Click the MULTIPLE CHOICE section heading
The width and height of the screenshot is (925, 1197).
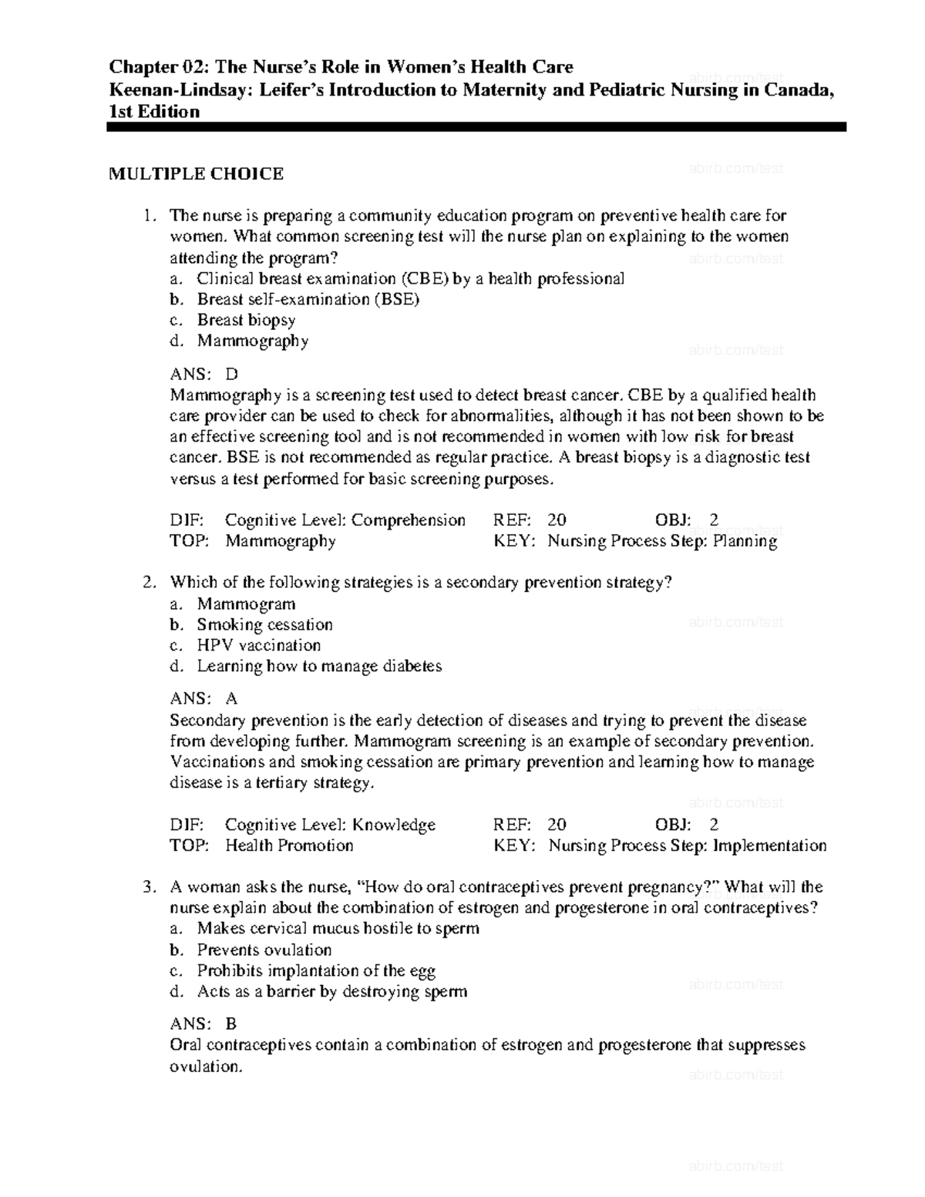coord(196,174)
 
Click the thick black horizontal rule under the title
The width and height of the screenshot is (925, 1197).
coord(476,127)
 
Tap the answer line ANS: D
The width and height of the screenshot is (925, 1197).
coord(203,375)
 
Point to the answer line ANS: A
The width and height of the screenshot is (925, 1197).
coord(203,699)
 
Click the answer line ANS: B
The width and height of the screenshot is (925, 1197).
coord(203,1024)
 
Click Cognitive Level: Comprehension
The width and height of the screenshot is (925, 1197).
coord(345,520)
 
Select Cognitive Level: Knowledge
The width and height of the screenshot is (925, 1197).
coord(330,825)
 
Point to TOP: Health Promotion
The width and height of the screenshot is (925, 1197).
coord(261,846)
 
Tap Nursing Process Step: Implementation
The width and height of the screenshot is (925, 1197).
coord(687,846)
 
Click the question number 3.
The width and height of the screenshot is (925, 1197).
coord(150,887)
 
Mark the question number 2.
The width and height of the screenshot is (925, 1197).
coord(150,583)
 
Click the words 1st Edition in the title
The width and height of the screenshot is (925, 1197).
coord(154,112)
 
